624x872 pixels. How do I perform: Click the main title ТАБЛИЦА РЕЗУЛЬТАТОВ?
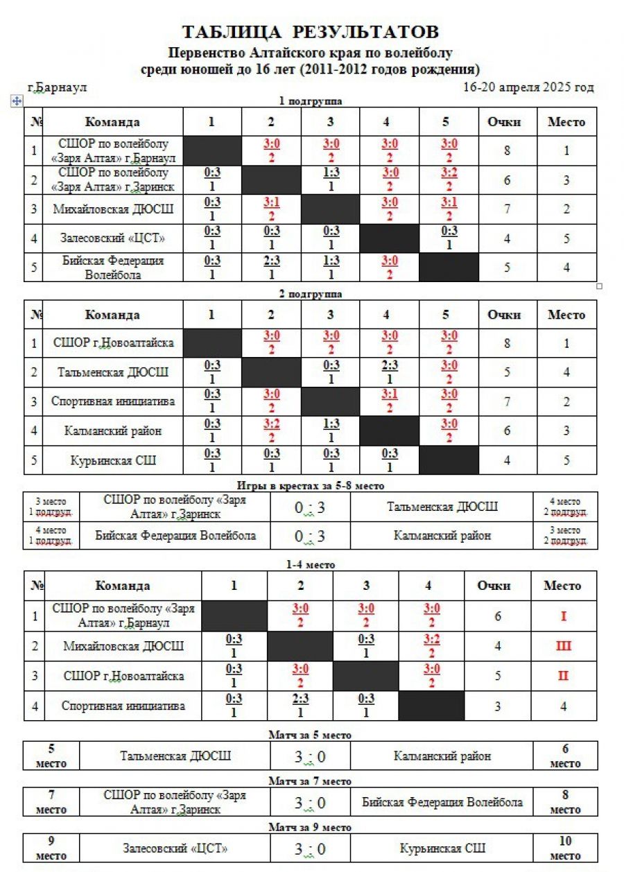pyautogui.click(x=311, y=32)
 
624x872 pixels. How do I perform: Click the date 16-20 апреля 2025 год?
pyautogui.click(x=528, y=87)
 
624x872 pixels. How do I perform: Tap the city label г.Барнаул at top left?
pyautogui.click(x=58, y=88)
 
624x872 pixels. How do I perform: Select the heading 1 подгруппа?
pyautogui.click(x=310, y=101)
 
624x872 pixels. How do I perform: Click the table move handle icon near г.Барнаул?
pyautogui.click(x=17, y=101)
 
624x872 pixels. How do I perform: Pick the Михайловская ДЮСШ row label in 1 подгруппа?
pyautogui.click(x=113, y=209)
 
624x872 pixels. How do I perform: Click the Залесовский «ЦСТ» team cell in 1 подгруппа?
pyautogui.click(x=113, y=238)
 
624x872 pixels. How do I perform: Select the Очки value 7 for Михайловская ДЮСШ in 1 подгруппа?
pyautogui.click(x=508, y=209)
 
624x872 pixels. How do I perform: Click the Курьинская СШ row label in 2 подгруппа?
pyautogui.click(x=113, y=460)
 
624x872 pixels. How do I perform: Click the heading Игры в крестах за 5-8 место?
pyautogui.click(x=310, y=486)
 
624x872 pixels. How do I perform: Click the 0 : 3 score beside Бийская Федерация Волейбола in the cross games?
pyautogui.click(x=310, y=535)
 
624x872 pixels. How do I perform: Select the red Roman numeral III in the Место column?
pyautogui.click(x=563, y=646)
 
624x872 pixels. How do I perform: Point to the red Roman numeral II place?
pyautogui.click(x=563, y=676)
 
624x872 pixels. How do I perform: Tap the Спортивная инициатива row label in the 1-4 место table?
pyautogui.click(x=123, y=706)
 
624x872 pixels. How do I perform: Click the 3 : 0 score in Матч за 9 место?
pyautogui.click(x=310, y=848)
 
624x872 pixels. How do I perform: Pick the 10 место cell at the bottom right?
pyautogui.click(x=565, y=848)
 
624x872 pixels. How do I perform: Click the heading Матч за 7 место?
pyautogui.click(x=310, y=781)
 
